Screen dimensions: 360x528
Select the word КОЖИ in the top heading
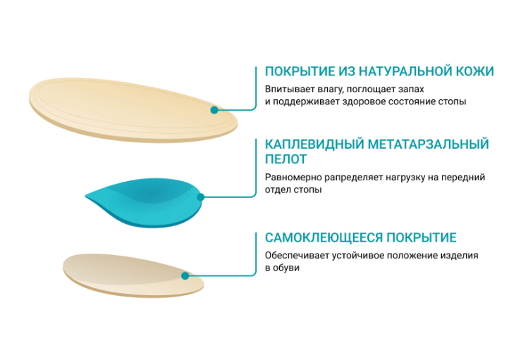coord(474,72)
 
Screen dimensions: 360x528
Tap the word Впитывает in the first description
coord(287,90)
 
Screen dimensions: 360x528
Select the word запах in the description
coord(410,90)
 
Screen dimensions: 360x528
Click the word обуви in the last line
coord(287,268)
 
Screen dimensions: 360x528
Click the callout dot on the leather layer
coord(215,111)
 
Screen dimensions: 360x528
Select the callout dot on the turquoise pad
coord(201,197)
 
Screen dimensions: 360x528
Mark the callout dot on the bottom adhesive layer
coord(187,275)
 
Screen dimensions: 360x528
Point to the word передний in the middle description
coord(468,178)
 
